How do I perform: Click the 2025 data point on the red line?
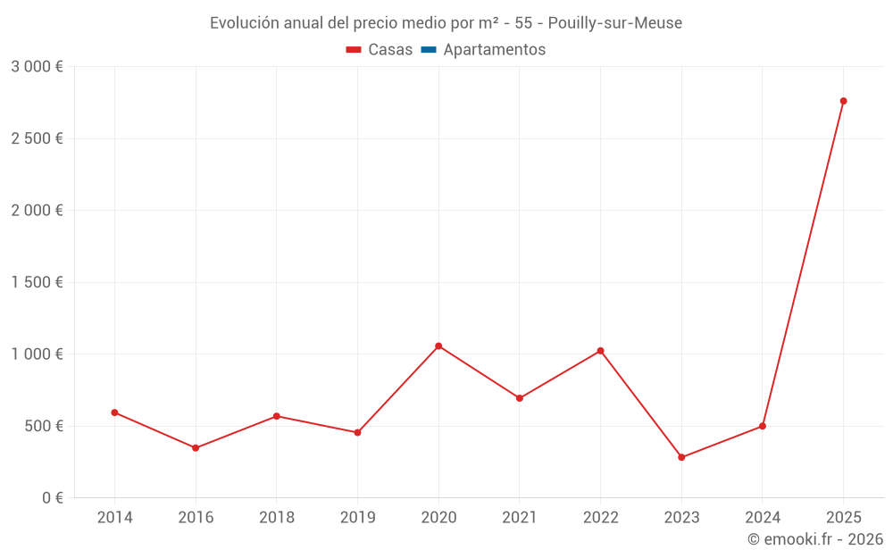click(x=843, y=101)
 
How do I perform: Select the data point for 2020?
click(x=438, y=346)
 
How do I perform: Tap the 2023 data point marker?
click(x=681, y=457)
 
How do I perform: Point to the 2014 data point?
click(x=114, y=412)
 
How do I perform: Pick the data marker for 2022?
click(x=600, y=351)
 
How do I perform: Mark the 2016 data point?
click(x=196, y=448)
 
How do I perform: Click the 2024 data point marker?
click(x=762, y=426)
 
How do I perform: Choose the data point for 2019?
click(x=357, y=433)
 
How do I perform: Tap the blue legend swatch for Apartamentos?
click(x=428, y=50)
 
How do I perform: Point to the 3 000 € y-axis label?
click(x=37, y=67)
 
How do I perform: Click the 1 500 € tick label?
click(x=37, y=282)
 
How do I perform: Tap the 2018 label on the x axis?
click(x=276, y=517)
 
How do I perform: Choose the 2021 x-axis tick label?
click(x=519, y=517)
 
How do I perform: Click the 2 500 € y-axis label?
click(x=37, y=138)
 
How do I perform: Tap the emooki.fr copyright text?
click(x=815, y=539)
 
